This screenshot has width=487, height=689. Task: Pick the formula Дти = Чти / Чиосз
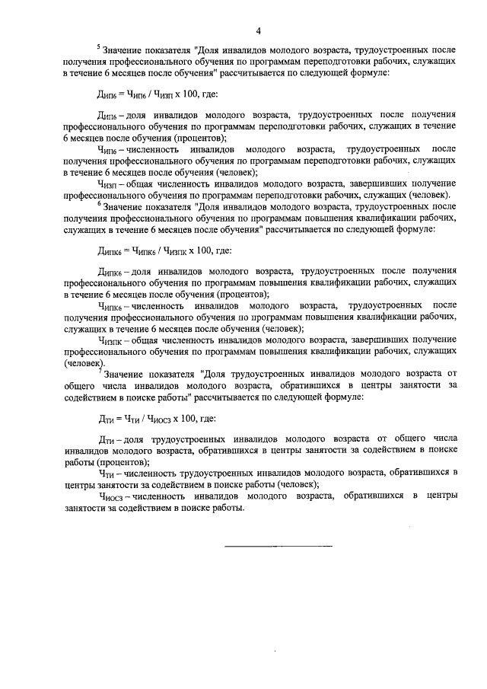(x=146, y=419)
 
